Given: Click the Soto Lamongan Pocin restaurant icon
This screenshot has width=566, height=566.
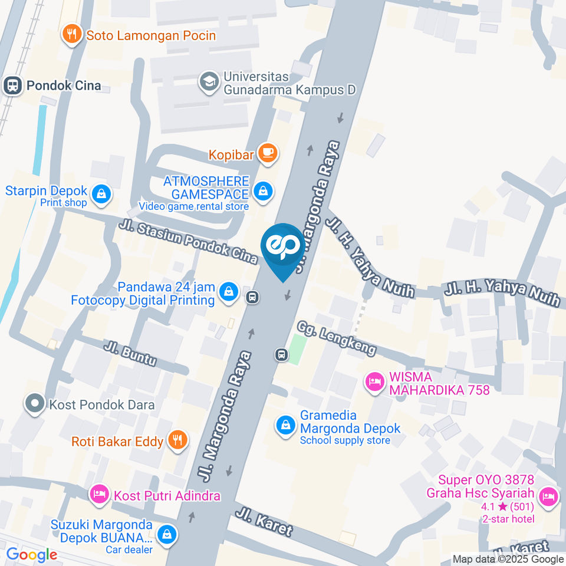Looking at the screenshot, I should click(x=71, y=35).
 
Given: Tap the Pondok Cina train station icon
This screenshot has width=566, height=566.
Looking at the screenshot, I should click(x=11, y=85).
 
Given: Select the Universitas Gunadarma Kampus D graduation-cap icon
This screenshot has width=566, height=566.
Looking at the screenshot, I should click(x=208, y=83).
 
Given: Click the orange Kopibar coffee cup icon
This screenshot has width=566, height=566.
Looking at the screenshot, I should click(x=268, y=153).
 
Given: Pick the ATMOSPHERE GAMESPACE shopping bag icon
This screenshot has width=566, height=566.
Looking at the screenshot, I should click(x=263, y=191).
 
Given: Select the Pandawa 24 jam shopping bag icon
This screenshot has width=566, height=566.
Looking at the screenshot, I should click(x=228, y=291).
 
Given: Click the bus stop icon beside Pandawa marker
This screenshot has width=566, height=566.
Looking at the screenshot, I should click(x=252, y=297).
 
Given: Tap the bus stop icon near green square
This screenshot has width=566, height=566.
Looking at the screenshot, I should click(x=281, y=354).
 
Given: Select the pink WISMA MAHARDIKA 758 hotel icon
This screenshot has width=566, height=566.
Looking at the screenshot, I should click(x=373, y=381).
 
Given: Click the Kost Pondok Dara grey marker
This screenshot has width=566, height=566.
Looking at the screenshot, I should click(x=35, y=404).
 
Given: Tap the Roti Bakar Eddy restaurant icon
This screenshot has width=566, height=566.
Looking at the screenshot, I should click(x=176, y=440).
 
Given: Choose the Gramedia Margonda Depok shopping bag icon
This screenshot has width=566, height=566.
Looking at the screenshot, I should click(x=286, y=424).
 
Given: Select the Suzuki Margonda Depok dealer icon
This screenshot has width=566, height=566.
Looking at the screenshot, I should click(x=167, y=534).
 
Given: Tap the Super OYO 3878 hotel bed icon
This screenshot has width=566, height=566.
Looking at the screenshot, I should click(x=548, y=496).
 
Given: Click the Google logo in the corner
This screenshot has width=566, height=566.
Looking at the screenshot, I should click(x=31, y=555).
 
